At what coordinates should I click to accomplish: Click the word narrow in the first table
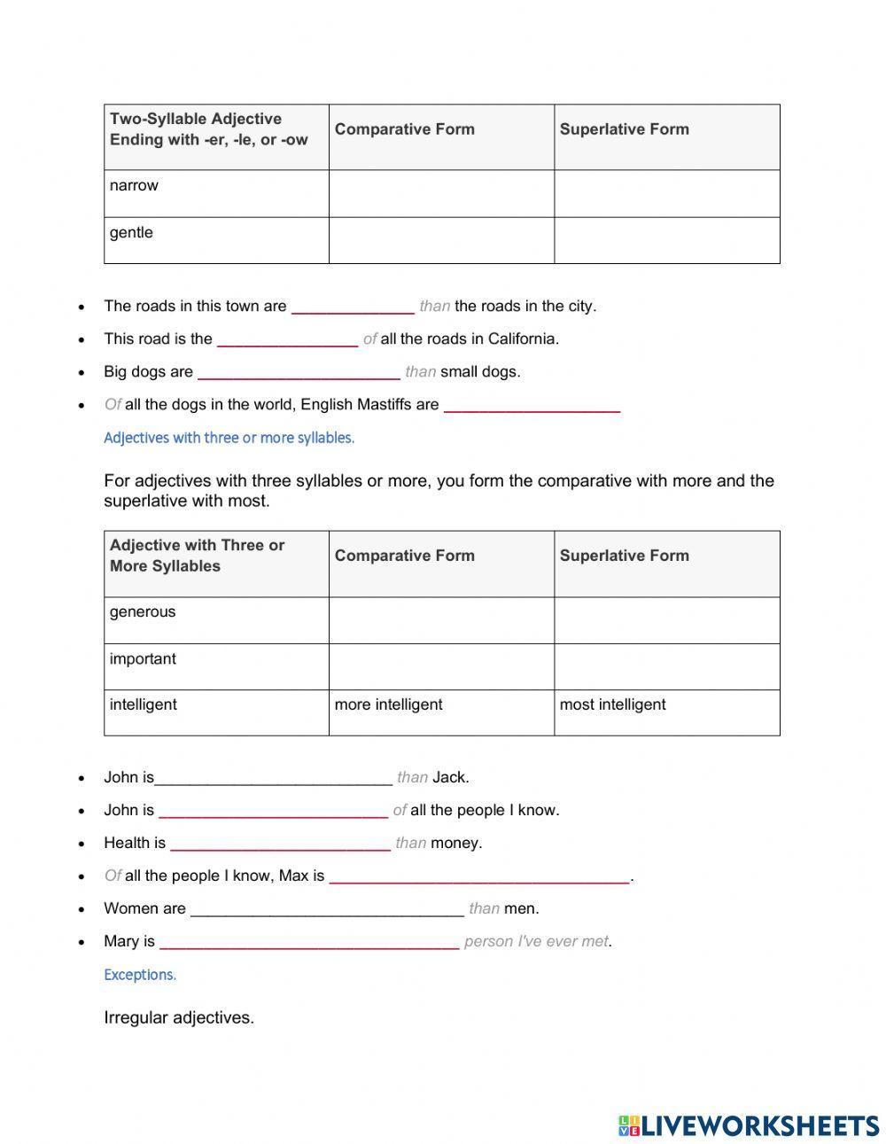click(x=134, y=185)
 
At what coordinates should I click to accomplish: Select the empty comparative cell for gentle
click(x=441, y=240)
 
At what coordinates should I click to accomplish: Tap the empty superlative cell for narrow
click(x=666, y=193)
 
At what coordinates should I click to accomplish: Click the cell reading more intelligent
click(x=388, y=704)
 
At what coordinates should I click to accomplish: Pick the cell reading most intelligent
click(x=612, y=704)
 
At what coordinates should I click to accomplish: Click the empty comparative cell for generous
click(x=441, y=619)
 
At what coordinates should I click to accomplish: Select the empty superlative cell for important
click(x=666, y=666)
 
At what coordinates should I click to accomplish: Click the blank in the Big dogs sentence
click(x=299, y=372)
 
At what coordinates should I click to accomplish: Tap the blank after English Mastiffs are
click(x=531, y=406)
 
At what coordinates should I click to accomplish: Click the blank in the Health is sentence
click(x=280, y=844)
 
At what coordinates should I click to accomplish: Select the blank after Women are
click(x=327, y=909)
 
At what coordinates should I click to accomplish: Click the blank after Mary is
click(x=309, y=942)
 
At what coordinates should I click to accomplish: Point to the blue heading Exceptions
click(x=140, y=975)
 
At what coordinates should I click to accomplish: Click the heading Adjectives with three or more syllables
click(x=229, y=438)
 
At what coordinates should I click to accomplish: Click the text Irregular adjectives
click(x=179, y=1017)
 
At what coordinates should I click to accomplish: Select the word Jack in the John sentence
click(x=449, y=777)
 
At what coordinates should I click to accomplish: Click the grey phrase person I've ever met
click(x=536, y=941)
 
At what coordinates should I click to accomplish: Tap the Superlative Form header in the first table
click(x=624, y=129)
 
